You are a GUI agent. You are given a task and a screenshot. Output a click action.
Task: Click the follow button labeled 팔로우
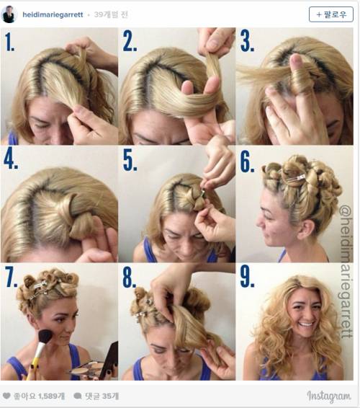pos(331,14)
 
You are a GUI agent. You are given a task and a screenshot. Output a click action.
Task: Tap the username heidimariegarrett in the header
pos(53,14)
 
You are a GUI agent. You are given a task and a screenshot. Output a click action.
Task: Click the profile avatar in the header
pos(9,14)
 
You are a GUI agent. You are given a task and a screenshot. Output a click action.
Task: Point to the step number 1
pos(9,42)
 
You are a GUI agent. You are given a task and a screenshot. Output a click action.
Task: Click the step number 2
pos(130,41)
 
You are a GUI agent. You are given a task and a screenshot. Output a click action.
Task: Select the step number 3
pos(247,41)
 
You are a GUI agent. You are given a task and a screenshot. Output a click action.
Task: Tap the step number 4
pos(11,159)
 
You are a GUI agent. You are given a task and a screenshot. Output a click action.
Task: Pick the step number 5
pos(130,160)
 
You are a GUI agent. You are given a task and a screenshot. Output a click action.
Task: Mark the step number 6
pos(247,161)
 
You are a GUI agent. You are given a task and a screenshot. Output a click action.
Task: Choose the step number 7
pos(12,277)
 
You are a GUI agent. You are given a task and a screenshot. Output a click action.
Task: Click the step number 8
pos(130,277)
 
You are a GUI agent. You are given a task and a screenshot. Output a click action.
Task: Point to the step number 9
pos(247,277)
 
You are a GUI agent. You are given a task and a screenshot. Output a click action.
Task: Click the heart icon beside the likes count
pos(6,396)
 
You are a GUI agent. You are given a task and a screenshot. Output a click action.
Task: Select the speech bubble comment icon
pos(78,396)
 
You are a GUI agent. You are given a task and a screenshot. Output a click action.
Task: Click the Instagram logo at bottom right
pos(329,396)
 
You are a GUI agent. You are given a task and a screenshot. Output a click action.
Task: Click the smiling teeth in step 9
pos(307,324)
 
